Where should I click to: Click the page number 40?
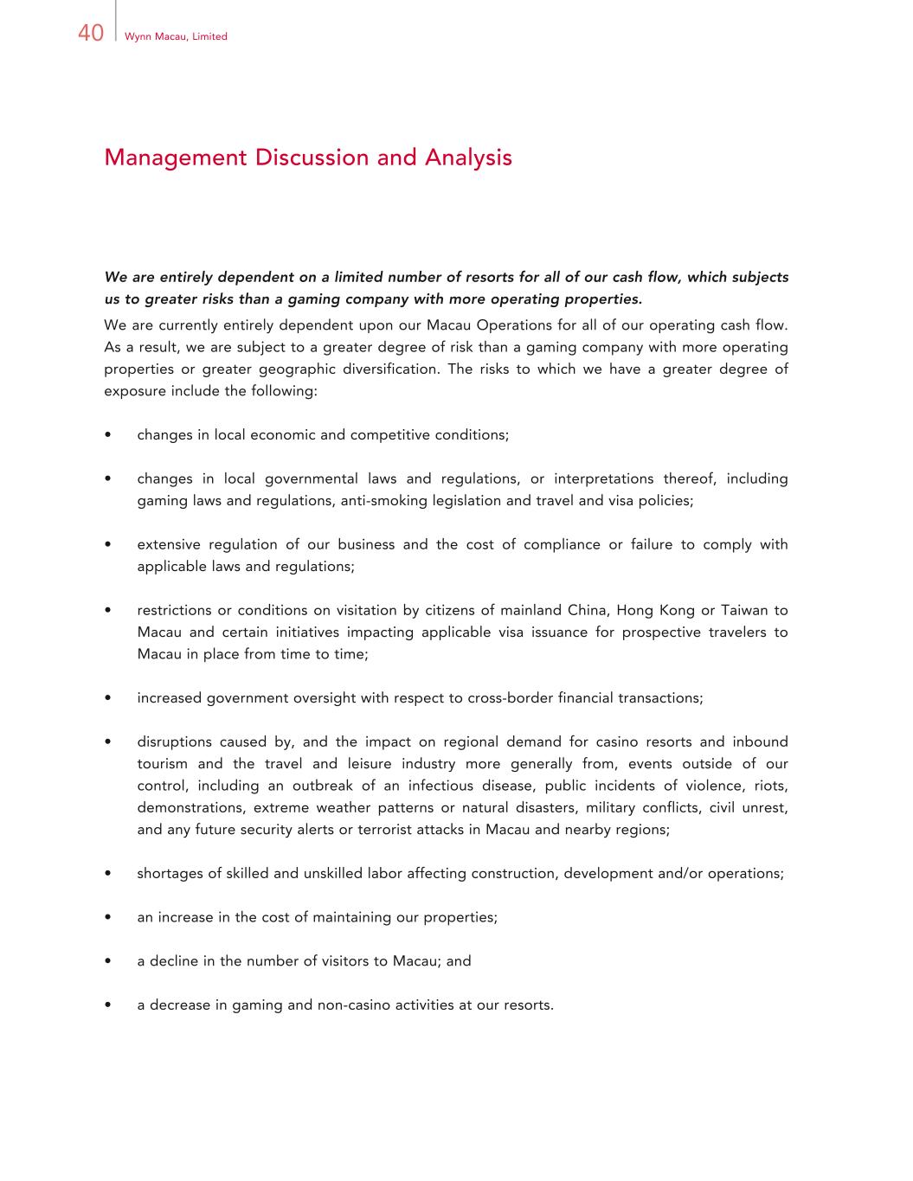coord(91,34)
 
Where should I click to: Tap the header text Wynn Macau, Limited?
coord(176,36)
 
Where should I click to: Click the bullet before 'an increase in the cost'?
coord(107,918)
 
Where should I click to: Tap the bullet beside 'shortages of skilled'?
coord(107,874)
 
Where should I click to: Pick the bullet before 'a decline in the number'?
coord(107,961)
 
